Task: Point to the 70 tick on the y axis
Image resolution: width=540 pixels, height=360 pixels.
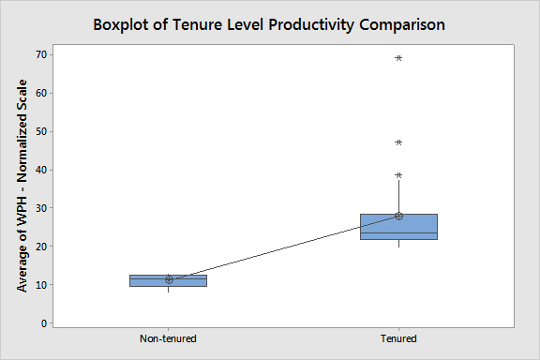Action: point(41,54)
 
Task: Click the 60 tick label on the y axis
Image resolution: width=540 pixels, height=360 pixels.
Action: point(41,93)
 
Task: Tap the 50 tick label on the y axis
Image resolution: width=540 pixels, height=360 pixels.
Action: point(41,131)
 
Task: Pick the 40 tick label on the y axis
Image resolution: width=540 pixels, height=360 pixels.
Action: point(41,170)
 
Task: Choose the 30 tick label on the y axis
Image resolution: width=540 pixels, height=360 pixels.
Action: point(41,208)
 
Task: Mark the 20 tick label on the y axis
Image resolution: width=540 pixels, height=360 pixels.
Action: point(41,247)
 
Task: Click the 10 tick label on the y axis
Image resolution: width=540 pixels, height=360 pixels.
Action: point(41,285)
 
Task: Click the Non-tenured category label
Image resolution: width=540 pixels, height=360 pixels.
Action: point(168,338)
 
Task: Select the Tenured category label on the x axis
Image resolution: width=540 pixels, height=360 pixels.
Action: point(398,338)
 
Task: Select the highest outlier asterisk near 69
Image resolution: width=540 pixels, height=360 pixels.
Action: point(398,59)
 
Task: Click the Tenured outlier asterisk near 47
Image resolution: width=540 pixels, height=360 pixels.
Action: point(398,143)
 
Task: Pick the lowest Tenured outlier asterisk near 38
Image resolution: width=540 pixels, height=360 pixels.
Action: point(398,176)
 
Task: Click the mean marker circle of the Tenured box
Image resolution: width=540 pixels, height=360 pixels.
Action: point(398,216)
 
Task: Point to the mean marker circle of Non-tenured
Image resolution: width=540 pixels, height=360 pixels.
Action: point(169,279)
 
